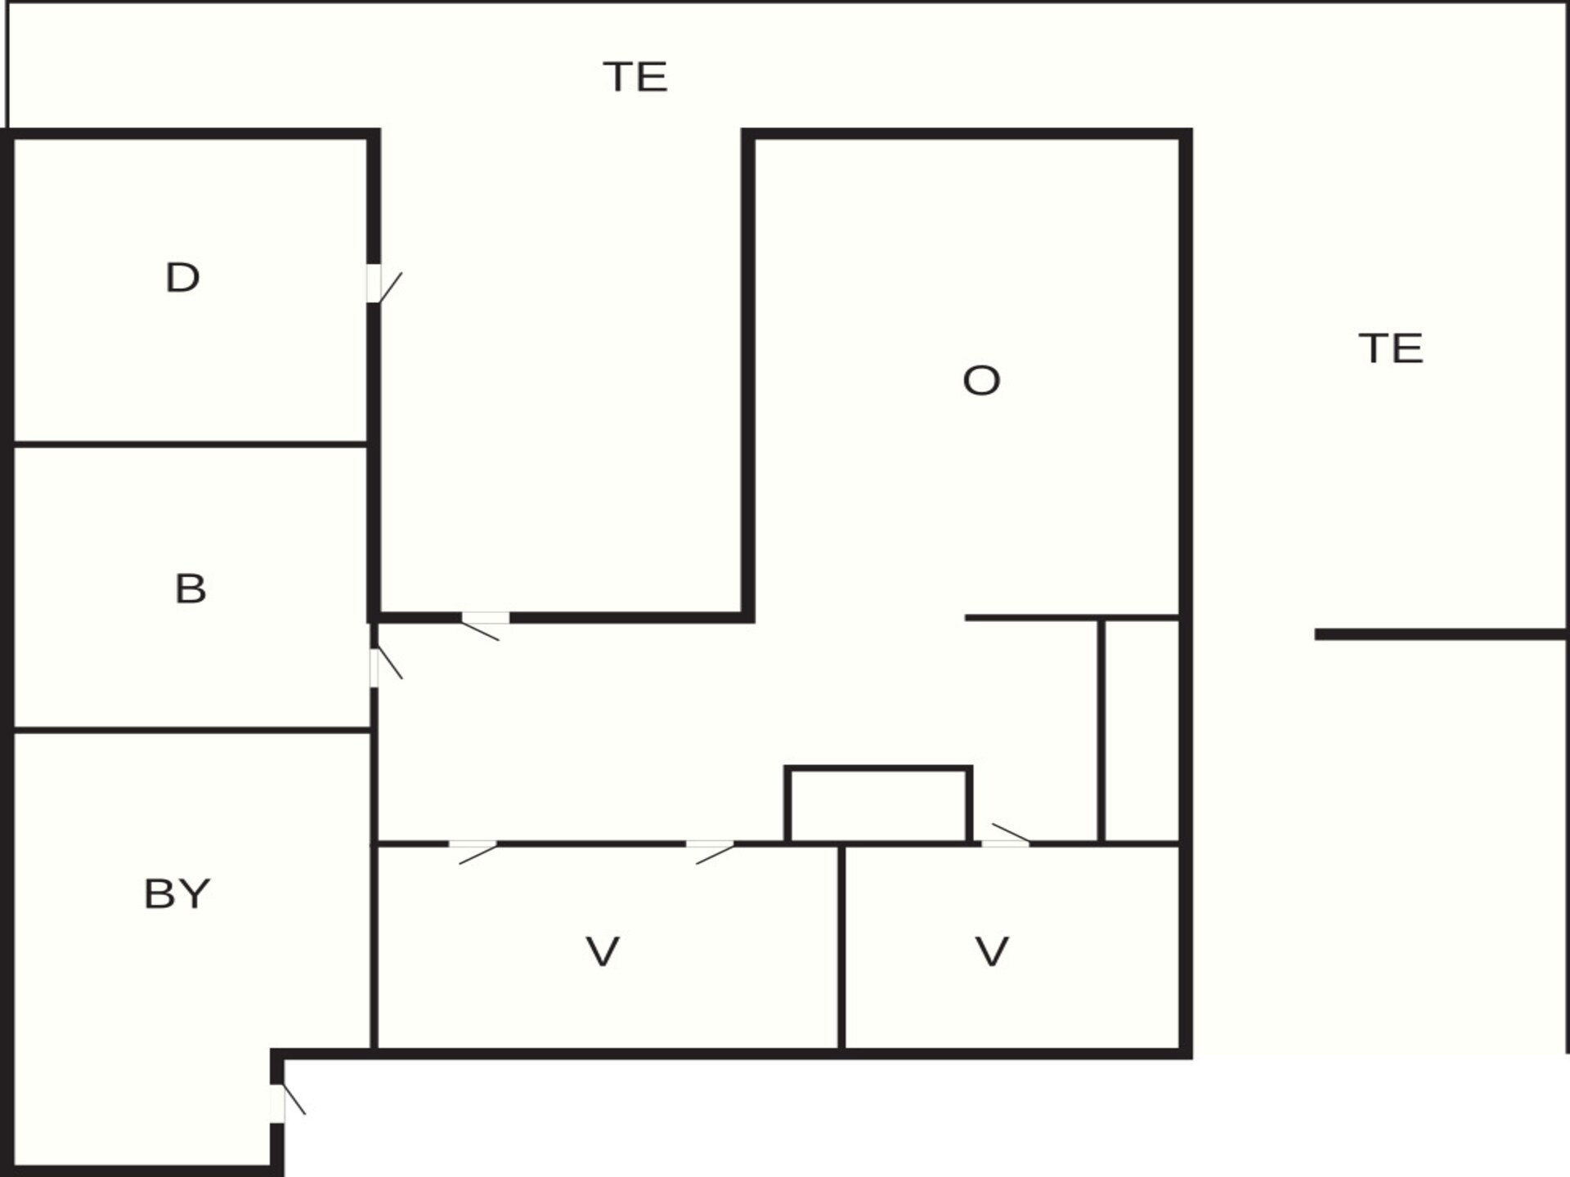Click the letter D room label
pyautogui.click(x=182, y=278)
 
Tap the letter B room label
pyautogui.click(x=191, y=588)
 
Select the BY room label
pyautogui.click(x=177, y=893)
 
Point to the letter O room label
pyautogui.click(x=981, y=380)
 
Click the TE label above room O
pyautogui.click(x=635, y=77)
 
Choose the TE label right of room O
pyautogui.click(x=1391, y=348)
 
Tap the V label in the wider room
pyautogui.click(x=603, y=951)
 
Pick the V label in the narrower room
pyautogui.click(x=992, y=951)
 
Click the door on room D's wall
pyautogui.click(x=384, y=284)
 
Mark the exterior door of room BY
pyautogui.click(x=288, y=1103)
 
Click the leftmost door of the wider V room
pyautogui.click(x=473, y=852)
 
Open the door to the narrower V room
pyautogui.click(x=1006, y=835)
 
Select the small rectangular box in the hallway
pyautogui.click(x=878, y=804)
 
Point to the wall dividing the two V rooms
pyautogui.click(x=841, y=947)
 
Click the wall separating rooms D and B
pyautogui.click(x=191, y=444)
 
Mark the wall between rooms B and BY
pyautogui.click(x=193, y=730)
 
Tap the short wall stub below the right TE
pyautogui.click(x=1440, y=634)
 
